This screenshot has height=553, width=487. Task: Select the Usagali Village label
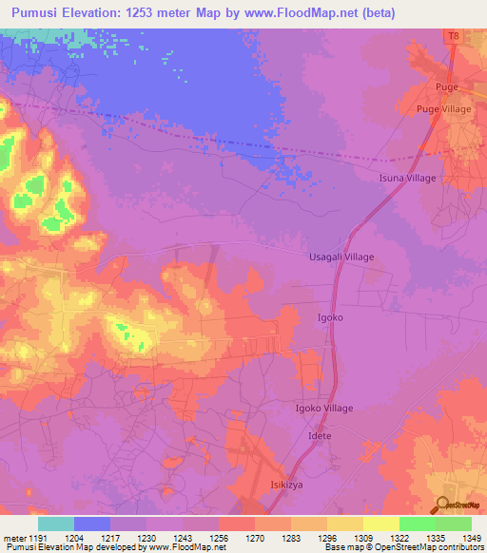(342, 257)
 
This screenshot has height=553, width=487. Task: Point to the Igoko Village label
(324, 409)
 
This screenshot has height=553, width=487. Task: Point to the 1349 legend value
(471, 538)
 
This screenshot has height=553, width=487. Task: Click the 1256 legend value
(219, 538)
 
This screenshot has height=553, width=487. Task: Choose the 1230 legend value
(146, 538)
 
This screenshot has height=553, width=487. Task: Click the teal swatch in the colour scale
(56, 524)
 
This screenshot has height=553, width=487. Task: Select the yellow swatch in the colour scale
(380, 524)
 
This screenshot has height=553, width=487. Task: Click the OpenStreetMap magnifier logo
(442, 505)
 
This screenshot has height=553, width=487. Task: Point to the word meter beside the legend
(13, 538)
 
